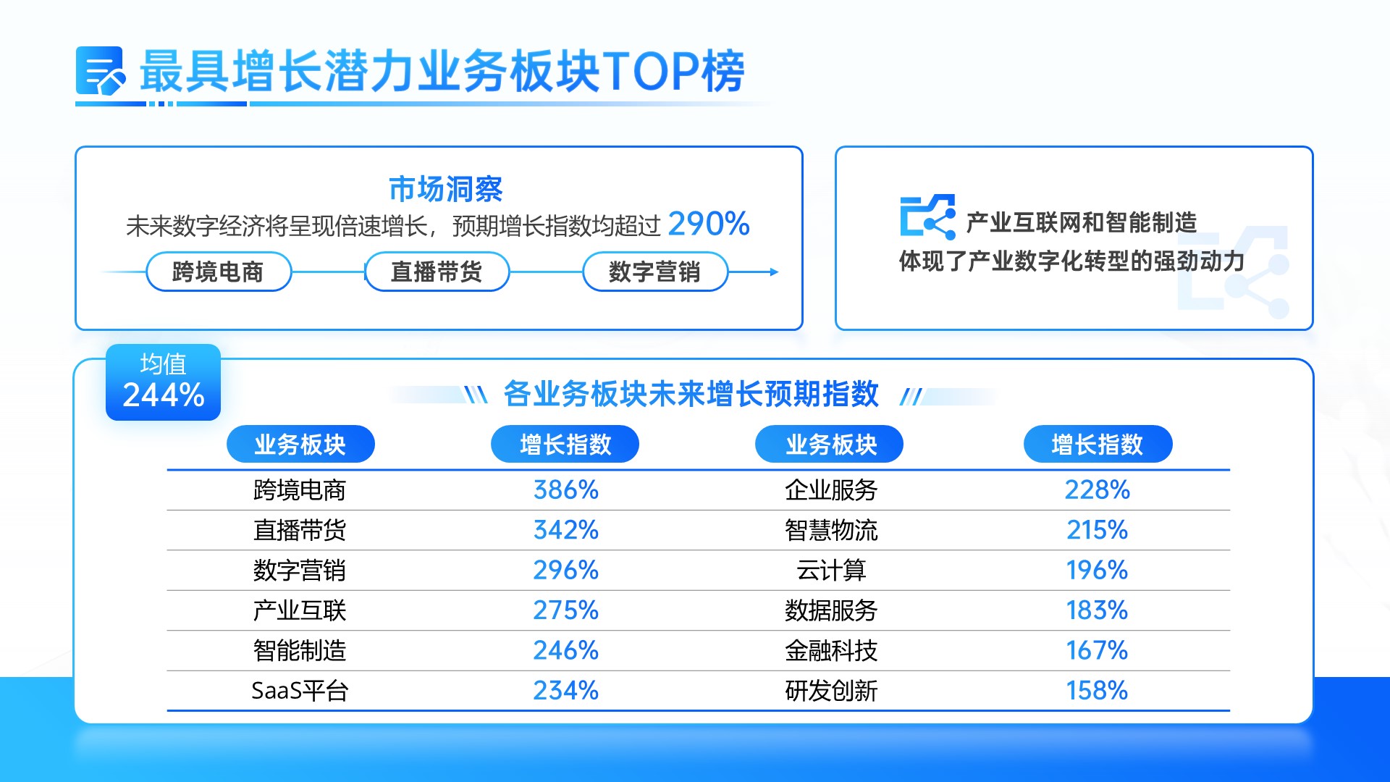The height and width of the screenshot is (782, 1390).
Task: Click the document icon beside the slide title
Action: pyautogui.click(x=100, y=71)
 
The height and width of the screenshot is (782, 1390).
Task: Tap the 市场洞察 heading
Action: pyautogui.click(x=445, y=189)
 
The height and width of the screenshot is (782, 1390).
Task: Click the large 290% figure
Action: pyautogui.click(x=709, y=224)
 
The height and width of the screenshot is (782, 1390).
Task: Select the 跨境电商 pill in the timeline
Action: pyautogui.click(x=219, y=272)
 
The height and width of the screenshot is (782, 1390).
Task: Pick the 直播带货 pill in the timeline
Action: pyautogui.click(x=437, y=272)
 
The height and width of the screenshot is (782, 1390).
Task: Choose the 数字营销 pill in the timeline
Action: pyautogui.click(x=654, y=272)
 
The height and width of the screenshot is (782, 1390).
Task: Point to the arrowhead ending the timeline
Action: pyautogui.click(x=775, y=272)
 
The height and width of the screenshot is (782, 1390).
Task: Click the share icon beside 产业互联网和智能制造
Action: pyautogui.click(x=927, y=216)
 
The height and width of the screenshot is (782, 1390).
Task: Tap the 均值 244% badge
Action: pyautogui.click(x=163, y=382)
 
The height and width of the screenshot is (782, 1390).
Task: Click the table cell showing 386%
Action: pyautogui.click(x=565, y=490)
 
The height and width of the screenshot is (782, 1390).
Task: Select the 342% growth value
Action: pyautogui.click(x=565, y=530)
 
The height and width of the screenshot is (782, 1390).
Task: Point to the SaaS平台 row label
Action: pyautogui.click(x=300, y=691)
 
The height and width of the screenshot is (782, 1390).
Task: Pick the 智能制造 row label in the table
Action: pyautogui.click(x=300, y=650)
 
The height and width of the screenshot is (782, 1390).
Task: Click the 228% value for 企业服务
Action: pyautogui.click(x=1097, y=490)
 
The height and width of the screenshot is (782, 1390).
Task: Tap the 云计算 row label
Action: pyautogui.click(x=831, y=571)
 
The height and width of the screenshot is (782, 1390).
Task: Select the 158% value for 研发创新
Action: pyautogui.click(x=1097, y=691)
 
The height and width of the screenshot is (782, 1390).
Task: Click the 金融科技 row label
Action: pyautogui.click(x=831, y=650)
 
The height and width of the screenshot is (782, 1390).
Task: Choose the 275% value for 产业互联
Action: pyautogui.click(x=565, y=610)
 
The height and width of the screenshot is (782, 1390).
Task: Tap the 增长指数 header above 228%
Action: pyautogui.click(x=1098, y=444)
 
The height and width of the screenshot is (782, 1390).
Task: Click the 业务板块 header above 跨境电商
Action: pyautogui.click(x=300, y=444)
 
